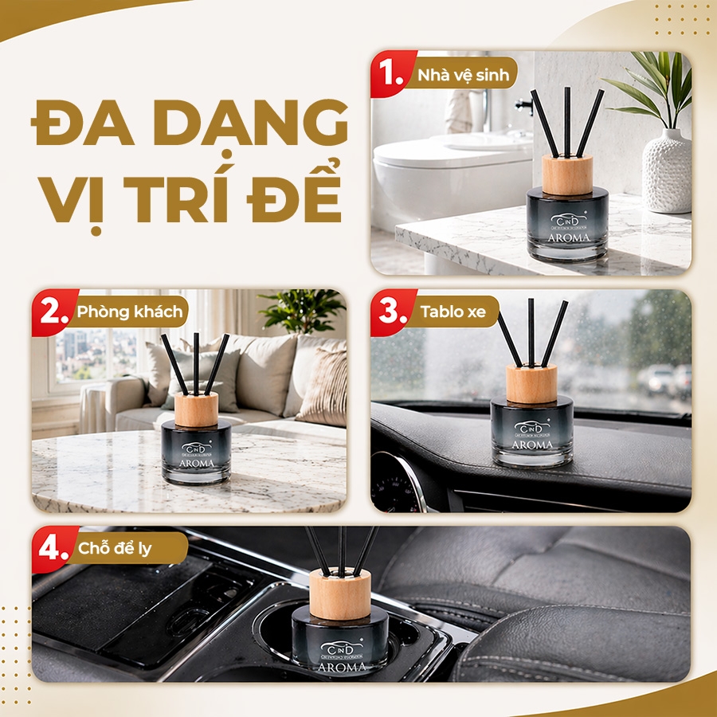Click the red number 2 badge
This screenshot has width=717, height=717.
[x=53, y=311]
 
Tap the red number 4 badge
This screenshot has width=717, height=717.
[x=53, y=549]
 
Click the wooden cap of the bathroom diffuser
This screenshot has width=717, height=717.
[x=567, y=174]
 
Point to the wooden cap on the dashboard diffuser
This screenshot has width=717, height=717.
[x=531, y=383]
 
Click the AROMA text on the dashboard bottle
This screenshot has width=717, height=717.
[x=531, y=445]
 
